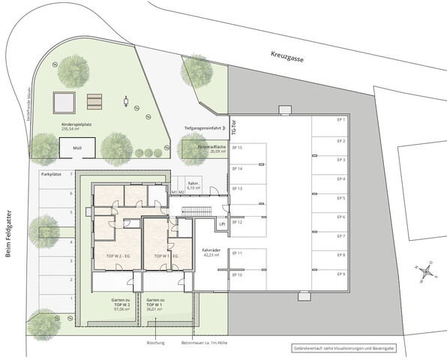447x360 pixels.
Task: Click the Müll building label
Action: pos(77,148)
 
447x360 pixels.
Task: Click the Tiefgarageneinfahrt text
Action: pos(203,128)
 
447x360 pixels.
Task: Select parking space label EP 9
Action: pos(340,274)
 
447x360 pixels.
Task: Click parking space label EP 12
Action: pos(237,223)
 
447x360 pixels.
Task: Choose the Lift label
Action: pos(222,224)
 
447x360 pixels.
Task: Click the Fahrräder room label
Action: pos(210,252)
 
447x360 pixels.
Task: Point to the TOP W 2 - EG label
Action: pos(111,256)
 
